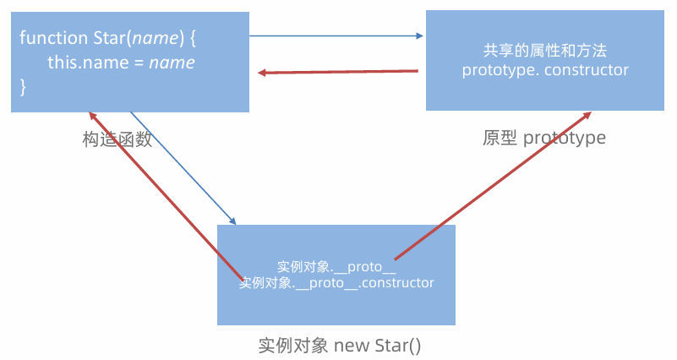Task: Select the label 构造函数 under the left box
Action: [117, 139]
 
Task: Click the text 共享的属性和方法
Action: [545, 50]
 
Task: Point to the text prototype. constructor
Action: [545, 70]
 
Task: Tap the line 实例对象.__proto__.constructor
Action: [336, 282]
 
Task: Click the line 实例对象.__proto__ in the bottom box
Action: [336, 267]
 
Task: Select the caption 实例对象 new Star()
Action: [339, 346]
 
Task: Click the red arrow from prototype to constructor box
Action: [338, 72]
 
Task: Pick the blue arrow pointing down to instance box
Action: [182, 166]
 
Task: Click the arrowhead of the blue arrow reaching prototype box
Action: [418, 35]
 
